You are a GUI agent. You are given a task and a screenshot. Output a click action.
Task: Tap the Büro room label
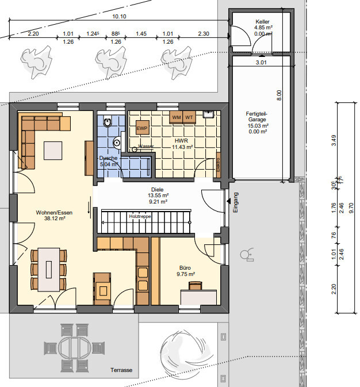[x=185, y=267]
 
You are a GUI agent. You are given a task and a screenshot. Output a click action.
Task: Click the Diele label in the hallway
[x=158, y=189]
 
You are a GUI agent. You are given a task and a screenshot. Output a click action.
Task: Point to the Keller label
[x=262, y=21]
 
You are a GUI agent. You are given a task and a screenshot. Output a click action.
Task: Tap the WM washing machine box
[x=177, y=117]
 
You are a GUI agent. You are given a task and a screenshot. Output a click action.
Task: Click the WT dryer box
[x=189, y=117]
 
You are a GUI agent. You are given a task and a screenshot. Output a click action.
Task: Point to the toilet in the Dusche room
[x=108, y=122]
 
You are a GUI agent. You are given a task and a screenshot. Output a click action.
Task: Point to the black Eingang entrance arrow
[x=229, y=202]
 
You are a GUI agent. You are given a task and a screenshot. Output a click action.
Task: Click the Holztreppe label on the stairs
[x=140, y=216]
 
